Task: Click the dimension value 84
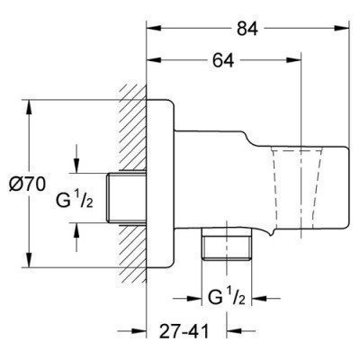point(247,29)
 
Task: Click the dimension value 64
point(223,60)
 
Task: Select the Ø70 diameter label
point(27,184)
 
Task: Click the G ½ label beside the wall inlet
point(75,200)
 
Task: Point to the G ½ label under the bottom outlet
point(227,297)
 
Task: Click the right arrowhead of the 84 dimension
point(342,28)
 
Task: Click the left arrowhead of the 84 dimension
point(154,28)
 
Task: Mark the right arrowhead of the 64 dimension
point(293,60)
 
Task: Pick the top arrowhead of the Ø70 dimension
point(29,107)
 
